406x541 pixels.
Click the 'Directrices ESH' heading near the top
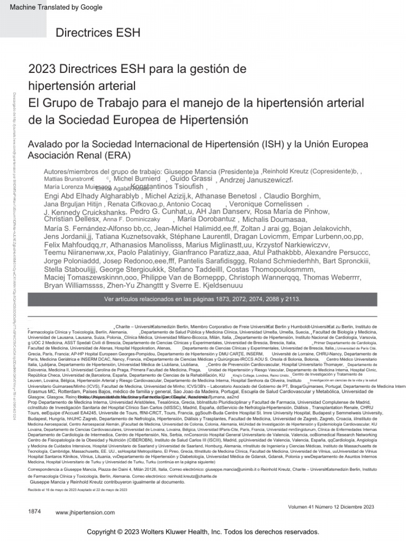(98, 33)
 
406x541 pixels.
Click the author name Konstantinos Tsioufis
(168, 188)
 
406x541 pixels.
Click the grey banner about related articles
(203, 299)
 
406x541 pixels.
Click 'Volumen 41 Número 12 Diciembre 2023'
(331, 507)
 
